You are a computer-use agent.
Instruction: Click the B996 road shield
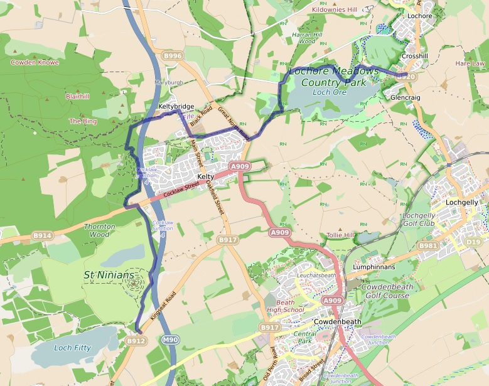coord(172,56)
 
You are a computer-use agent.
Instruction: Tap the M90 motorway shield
coord(169,340)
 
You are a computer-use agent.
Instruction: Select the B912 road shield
coord(136,341)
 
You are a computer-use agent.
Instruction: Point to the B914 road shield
coord(43,235)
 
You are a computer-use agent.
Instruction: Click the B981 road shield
coord(428,245)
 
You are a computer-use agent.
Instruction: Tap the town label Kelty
coord(206,178)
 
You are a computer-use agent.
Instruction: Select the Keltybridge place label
coord(176,107)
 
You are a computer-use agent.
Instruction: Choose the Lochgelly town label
coord(461,203)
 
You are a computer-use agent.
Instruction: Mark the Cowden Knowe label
coord(35,62)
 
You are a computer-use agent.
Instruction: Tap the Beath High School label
coord(285,305)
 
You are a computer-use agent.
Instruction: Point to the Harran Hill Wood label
coord(307,38)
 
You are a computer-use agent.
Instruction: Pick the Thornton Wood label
coord(100,230)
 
